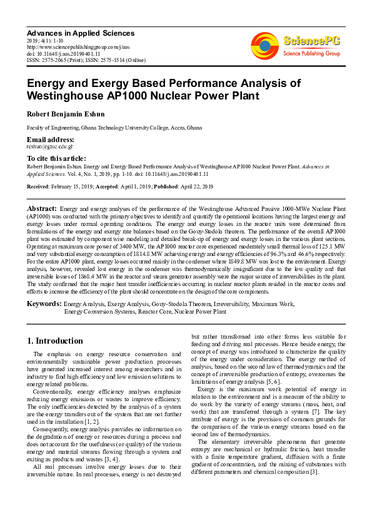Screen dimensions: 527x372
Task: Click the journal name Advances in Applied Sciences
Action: tap(81, 33)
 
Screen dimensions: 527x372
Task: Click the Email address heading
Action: tap(50, 139)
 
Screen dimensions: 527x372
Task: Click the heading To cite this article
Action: tap(56, 159)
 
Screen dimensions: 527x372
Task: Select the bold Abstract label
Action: tap(41, 208)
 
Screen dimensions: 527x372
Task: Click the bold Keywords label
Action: tap(44, 304)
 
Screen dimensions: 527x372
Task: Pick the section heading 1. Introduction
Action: tap(55, 341)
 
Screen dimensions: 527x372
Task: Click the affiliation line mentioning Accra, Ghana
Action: tap(114, 127)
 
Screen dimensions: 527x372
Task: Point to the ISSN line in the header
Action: tap(86, 60)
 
